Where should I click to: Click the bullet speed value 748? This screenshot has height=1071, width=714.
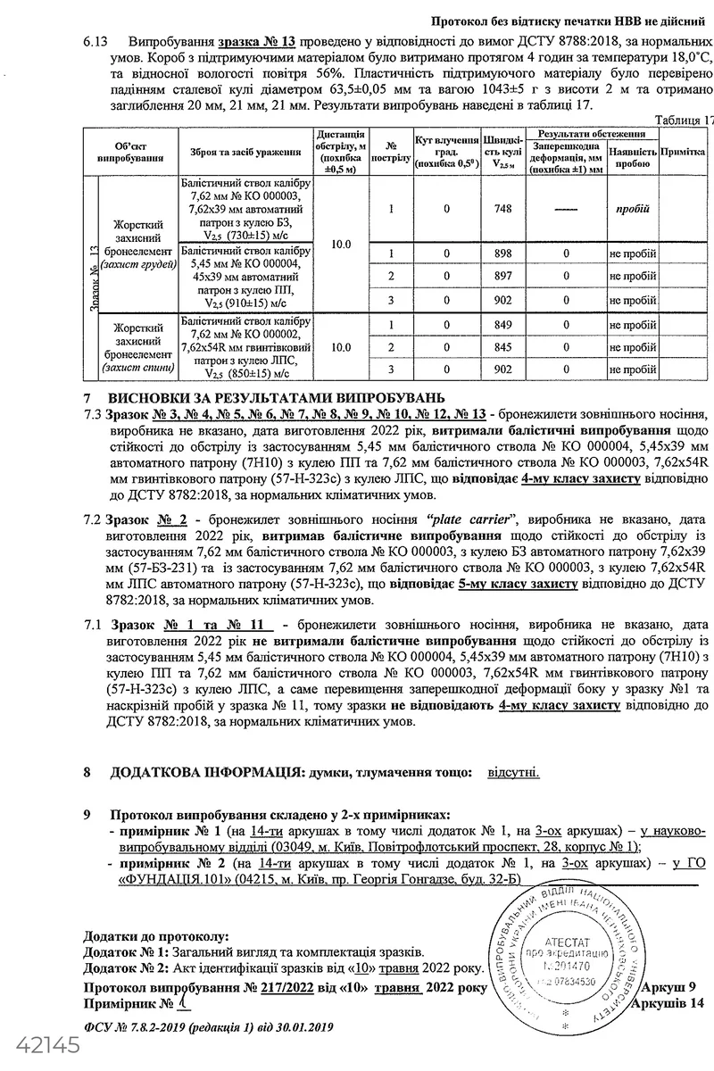[501, 208]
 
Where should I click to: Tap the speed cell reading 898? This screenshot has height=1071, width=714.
[501, 253]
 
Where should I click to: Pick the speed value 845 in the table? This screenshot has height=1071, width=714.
[501, 346]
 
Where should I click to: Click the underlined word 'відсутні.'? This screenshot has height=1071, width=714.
[512, 770]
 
